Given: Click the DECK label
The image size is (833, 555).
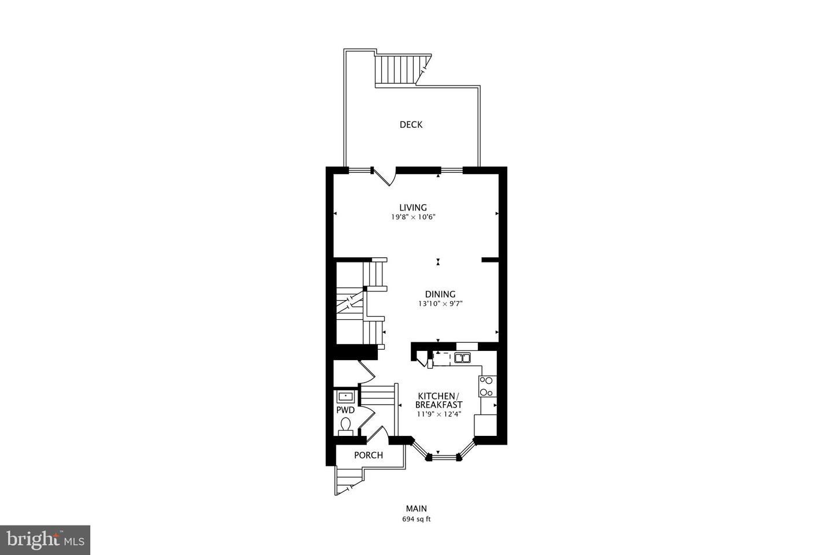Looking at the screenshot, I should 411,124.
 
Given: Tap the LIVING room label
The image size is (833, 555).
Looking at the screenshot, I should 413,208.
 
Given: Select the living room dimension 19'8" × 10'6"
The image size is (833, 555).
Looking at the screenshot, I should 413,217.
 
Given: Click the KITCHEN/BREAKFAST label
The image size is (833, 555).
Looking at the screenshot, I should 440,400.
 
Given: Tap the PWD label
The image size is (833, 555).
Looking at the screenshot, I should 345,410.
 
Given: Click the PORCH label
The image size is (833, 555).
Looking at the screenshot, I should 368,455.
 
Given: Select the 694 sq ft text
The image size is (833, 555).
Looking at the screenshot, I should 417,519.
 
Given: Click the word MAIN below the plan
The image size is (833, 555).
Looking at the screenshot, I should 417,509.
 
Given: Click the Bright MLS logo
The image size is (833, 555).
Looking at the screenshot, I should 45,540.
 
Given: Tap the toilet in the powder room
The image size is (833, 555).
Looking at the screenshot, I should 345,427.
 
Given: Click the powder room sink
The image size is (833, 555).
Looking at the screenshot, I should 345,397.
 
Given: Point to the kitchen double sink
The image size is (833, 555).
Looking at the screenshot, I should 462,358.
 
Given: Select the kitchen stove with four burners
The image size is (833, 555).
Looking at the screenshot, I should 487,386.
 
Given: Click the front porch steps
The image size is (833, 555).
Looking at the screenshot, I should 349,479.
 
